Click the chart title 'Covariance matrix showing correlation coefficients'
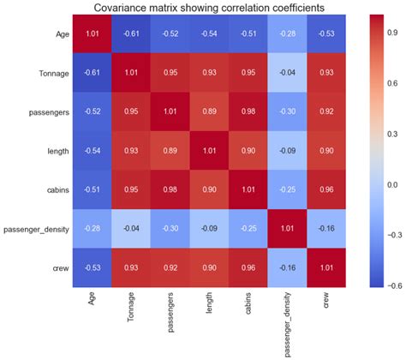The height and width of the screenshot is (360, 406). [202, 8]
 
